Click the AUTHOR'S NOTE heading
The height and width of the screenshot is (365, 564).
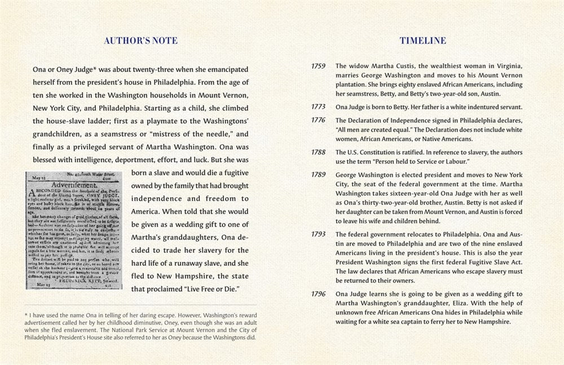(x=141, y=41)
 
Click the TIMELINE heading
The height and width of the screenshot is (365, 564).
(x=423, y=41)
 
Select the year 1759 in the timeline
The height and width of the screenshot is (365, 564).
(x=319, y=66)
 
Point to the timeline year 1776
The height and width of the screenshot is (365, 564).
(x=319, y=120)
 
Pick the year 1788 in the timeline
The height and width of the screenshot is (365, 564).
(x=319, y=152)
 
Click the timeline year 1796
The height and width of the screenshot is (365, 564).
(x=319, y=293)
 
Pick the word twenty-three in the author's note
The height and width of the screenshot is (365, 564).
(x=146, y=69)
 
